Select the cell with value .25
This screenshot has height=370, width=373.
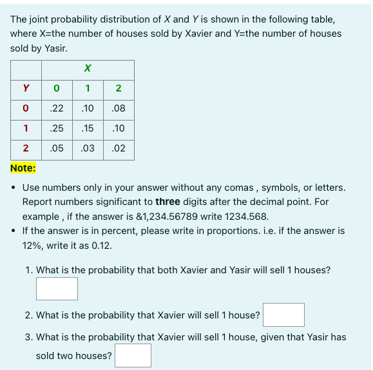57,129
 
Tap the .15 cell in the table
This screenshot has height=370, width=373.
88,129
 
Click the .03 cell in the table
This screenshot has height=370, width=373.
88,148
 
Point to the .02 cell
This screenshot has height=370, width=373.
119,148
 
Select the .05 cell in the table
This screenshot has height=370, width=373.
57,148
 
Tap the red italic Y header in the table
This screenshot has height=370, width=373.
26,88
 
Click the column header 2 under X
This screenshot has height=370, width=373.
119,88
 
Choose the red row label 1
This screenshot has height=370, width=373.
26,129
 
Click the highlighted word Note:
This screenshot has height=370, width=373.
23,168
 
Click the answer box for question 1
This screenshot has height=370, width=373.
57,288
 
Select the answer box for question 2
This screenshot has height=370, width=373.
283,315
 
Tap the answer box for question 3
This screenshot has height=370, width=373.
133,355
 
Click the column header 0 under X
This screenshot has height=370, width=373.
57,88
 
